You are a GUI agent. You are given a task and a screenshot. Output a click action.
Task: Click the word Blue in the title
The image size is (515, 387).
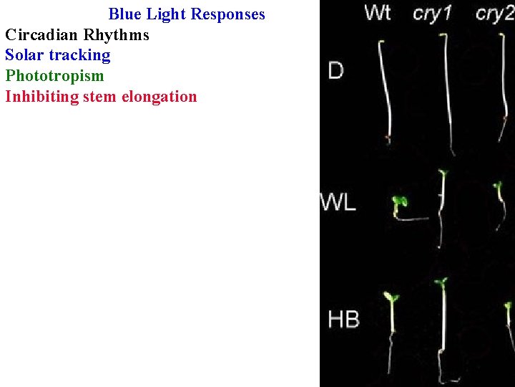126,14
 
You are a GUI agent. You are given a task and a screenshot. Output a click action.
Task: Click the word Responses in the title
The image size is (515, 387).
227,14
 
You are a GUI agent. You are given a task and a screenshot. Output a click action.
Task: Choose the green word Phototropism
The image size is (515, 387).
54,76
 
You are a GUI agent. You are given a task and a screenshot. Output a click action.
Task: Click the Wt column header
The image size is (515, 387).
377,14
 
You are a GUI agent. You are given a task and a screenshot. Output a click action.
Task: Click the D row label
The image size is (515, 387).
335,70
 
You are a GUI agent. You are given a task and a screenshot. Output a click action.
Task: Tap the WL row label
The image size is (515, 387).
338,203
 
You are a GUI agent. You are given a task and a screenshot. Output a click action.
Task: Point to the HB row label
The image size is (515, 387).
343,319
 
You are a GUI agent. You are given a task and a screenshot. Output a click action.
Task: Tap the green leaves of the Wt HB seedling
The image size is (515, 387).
391,297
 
